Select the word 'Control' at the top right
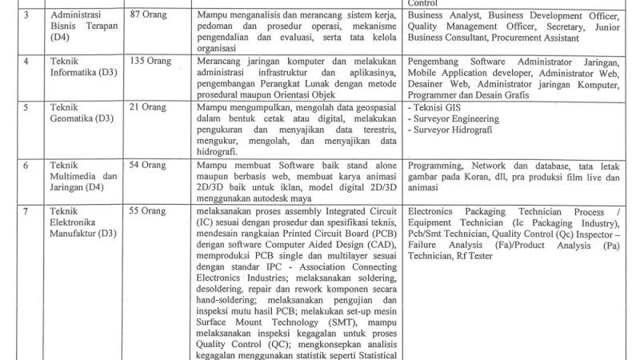(424, 3)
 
